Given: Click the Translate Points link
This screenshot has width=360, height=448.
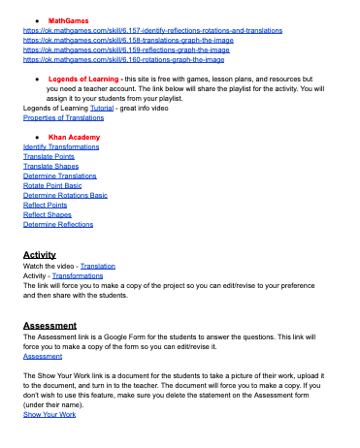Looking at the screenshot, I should click(47, 156).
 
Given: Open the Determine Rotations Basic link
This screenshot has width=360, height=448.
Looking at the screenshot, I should click(65, 195).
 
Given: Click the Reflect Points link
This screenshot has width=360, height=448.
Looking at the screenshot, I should click(44, 205).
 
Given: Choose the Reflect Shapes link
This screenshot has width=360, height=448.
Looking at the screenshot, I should click(46, 214).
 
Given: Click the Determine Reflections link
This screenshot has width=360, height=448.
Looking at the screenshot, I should click(57, 224).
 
